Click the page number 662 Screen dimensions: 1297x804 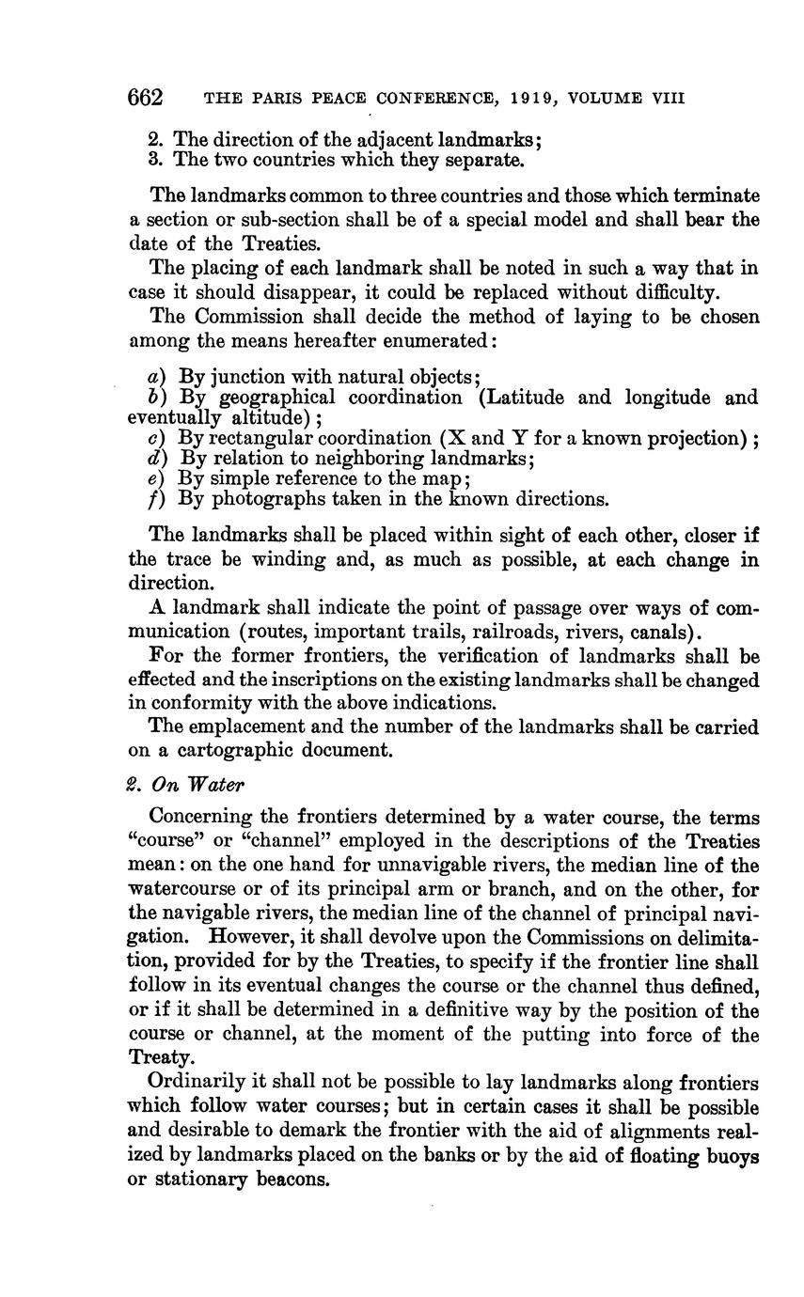[x=146, y=98]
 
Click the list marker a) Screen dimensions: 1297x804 [x=153, y=377]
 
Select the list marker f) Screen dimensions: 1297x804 [x=153, y=499]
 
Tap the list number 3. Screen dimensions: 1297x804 [x=155, y=160]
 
